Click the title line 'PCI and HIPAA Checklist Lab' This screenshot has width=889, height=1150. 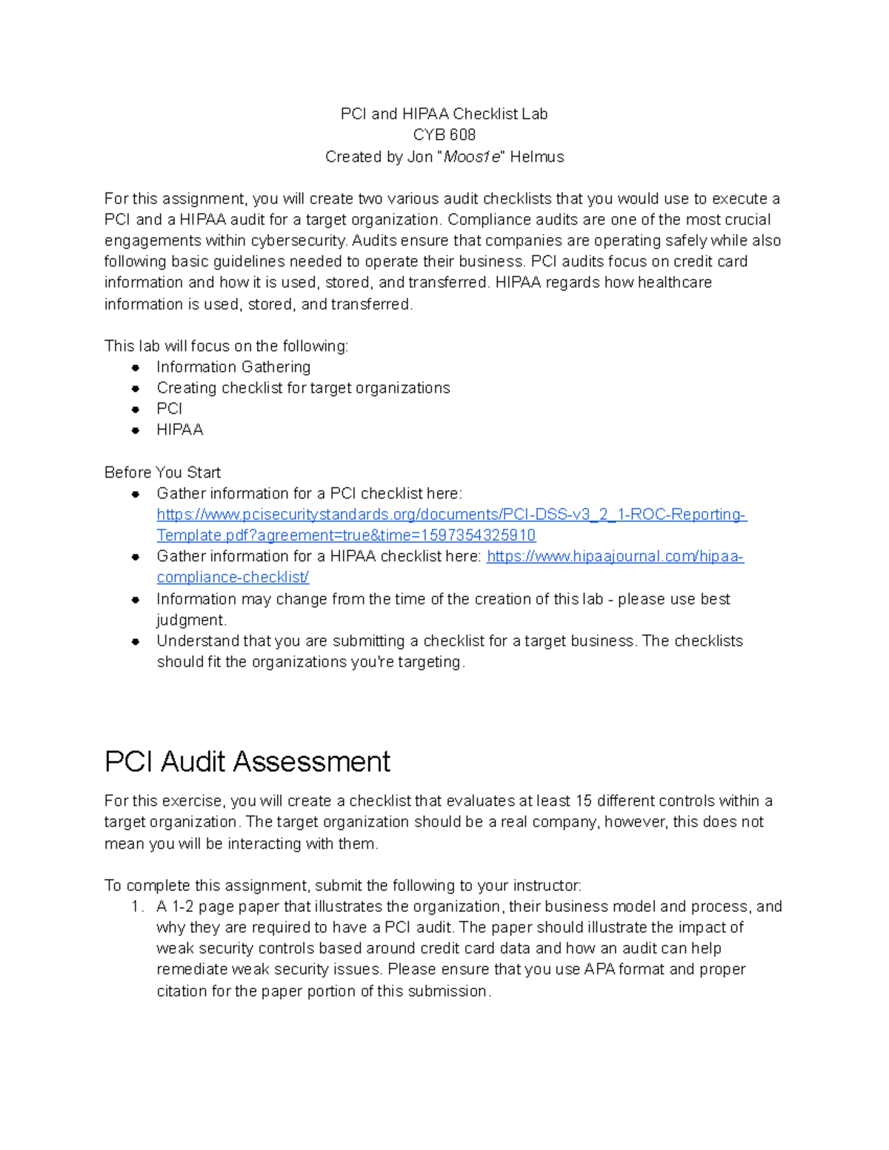coord(444,114)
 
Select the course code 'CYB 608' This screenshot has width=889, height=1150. coord(444,135)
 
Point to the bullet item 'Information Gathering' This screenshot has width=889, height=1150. coord(233,367)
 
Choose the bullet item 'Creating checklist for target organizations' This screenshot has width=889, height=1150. coord(303,388)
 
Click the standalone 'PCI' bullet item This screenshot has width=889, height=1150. coord(169,409)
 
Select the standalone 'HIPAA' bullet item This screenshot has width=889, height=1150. coord(179,430)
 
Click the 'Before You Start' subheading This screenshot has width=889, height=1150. coord(162,472)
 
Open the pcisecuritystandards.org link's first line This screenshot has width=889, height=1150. coord(452,515)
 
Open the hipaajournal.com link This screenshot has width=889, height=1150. coord(615,557)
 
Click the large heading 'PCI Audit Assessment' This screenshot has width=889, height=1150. coord(247,762)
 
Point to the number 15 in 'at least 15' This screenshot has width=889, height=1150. coord(584,801)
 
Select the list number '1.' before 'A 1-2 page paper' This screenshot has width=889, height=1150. coord(136,907)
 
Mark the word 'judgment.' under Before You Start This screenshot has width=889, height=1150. coord(191,621)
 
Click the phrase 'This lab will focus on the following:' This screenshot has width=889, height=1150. coord(226,347)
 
